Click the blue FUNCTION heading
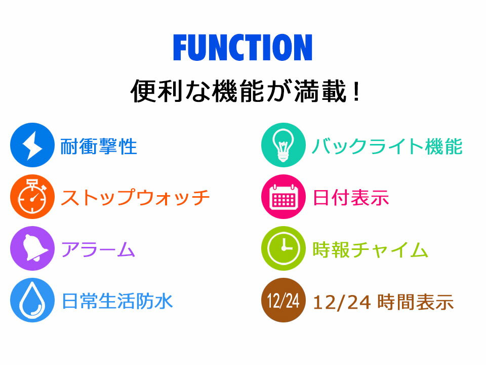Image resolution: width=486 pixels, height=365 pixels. pyautogui.click(x=242, y=48)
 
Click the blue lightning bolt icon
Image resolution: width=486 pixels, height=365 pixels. pyautogui.click(x=32, y=145)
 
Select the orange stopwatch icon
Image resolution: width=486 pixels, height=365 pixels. pyautogui.click(x=32, y=197)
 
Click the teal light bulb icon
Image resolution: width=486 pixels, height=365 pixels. pyautogui.click(x=283, y=145)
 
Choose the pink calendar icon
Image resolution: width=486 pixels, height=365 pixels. pyautogui.click(x=283, y=197)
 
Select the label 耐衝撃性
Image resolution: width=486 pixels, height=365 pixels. pyautogui.click(x=99, y=147)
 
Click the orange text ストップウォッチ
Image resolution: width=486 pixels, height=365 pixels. pyautogui.click(x=135, y=198)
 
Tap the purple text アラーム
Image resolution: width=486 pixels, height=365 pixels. pyautogui.click(x=98, y=249)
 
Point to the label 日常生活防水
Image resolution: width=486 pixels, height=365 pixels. pyautogui.click(x=117, y=301)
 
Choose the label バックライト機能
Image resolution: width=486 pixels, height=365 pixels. pyautogui.click(x=387, y=147)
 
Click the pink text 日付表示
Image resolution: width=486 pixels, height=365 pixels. pyautogui.click(x=351, y=198)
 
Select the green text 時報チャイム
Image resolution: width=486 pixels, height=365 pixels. pyautogui.click(x=371, y=249)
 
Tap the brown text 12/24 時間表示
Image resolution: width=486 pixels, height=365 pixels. pyautogui.click(x=383, y=302)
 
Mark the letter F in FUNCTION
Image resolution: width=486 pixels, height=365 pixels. pyautogui.click(x=180, y=48)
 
